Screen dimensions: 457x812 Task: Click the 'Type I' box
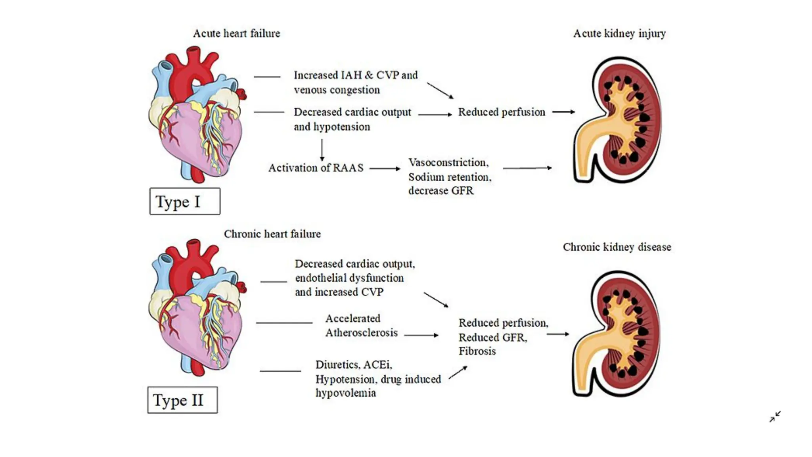click(x=185, y=202)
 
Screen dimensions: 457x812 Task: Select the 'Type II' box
click(x=182, y=400)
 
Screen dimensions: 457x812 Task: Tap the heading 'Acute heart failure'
click(x=236, y=33)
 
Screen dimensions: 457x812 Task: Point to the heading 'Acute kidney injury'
click(x=619, y=33)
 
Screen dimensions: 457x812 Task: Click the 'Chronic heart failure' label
click(x=272, y=234)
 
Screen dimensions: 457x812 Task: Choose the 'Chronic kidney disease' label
click(x=617, y=247)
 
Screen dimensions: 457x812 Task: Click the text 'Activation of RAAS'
click(x=316, y=168)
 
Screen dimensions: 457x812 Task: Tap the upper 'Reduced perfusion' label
click(x=502, y=112)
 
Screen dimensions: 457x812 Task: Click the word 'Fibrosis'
click(x=477, y=351)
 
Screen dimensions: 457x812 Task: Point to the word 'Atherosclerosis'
click(x=361, y=333)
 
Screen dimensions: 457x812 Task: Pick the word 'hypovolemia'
click(x=345, y=393)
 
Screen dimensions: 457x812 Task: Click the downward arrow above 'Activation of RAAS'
click(x=322, y=150)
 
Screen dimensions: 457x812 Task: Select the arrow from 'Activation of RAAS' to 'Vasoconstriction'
click(x=385, y=169)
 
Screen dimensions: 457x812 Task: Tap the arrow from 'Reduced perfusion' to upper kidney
click(x=563, y=112)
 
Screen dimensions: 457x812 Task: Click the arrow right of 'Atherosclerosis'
click(x=421, y=335)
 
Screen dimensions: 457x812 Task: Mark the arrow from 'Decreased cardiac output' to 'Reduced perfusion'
click(x=435, y=115)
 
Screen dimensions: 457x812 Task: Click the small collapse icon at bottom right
click(x=775, y=417)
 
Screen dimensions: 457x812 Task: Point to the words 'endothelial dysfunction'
click(x=349, y=278)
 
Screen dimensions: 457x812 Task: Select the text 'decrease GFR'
click(x=441, y=191)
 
